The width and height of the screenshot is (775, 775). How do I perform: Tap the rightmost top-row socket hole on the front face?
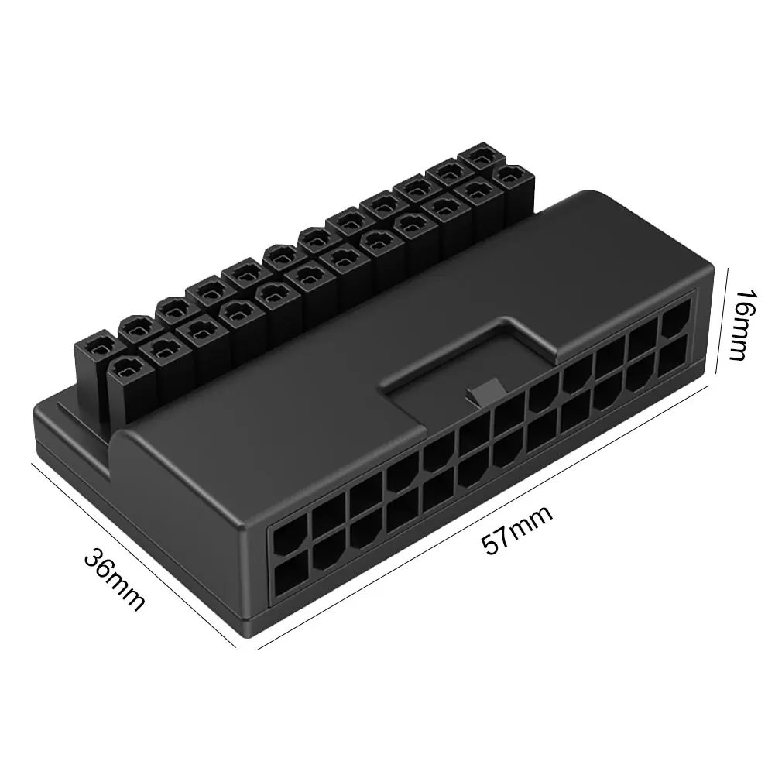click(674, 317)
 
